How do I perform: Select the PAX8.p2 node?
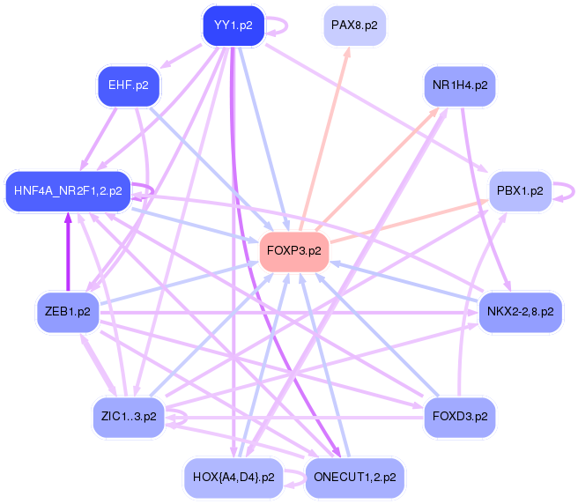pos(354,26)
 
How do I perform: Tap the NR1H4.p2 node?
pos(460,85)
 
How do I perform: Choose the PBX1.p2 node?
pos(519,190)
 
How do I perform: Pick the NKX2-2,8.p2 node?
pos(520,312)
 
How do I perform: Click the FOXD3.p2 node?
pos(459,413)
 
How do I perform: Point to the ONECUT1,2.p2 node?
pos(354,478)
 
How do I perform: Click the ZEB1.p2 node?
pos(68,312)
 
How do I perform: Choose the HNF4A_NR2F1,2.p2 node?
pos(68,190)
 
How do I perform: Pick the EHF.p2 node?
pos(128,85)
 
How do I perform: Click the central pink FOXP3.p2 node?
pos(293,251)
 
